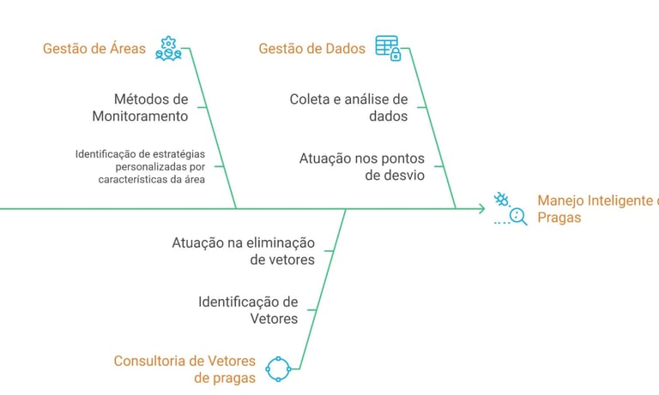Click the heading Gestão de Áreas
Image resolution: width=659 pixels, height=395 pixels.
pyautogui.click(x=94, y=49)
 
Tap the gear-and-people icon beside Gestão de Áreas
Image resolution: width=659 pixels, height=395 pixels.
pyautogui.click(x=168, y=49)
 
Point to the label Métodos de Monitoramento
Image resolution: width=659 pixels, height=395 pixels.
pyautogui.click(x=150, y=107)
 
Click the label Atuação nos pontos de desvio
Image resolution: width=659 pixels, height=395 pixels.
pyautogui.click(x=361, y=167)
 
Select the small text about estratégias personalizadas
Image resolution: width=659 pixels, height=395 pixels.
pyautogui.click(x=140, y=167)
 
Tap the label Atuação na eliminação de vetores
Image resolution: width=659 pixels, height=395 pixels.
pyautogui.click(x=244, y=250)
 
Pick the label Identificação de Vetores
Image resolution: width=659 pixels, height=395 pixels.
pyautogui.click(x=248, y=310)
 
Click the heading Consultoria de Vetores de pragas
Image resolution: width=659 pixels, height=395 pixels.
pyautogui.click(x=184, y=369)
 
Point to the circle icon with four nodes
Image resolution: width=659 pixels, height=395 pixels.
pyautogui.click(x=280, y=369)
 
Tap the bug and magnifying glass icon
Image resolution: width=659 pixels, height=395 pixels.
pyautogui.click(x=510, y=208)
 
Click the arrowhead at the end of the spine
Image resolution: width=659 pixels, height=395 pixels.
pyautogui.click(x=481, y=208)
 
